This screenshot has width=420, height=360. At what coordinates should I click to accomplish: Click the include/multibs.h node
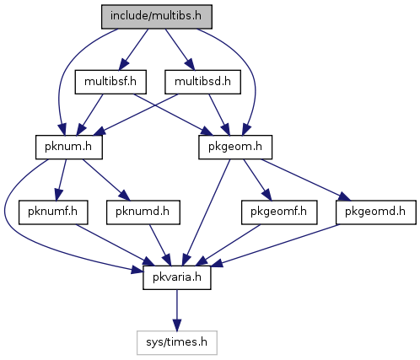pos(157,17)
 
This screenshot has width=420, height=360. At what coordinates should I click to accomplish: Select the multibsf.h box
pos(110,82)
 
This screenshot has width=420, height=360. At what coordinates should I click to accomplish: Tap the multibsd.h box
pos(202,82)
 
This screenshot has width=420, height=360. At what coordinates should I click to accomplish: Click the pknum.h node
pos(69,147)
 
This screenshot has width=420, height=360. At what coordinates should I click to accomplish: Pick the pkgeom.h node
pos(235,147)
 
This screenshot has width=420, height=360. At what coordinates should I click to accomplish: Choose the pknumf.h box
pos(53,212)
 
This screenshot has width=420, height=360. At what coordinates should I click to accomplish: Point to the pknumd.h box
pos(143,212)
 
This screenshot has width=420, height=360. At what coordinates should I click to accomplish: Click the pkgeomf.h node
pos(279,212)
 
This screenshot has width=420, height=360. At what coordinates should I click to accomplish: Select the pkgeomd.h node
pos(375,212)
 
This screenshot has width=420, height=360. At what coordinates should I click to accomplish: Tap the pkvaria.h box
pos(177,277)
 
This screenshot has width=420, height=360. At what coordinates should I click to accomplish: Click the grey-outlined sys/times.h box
pos(177,342)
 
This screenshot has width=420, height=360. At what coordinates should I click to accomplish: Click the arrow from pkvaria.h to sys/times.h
pos(177,310)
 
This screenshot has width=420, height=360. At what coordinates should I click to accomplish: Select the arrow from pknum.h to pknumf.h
pos(62,180)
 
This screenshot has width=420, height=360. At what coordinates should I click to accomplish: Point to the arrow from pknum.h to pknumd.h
pos(106,180)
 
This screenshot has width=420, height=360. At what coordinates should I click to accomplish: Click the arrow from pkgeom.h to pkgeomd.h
pos(306,180)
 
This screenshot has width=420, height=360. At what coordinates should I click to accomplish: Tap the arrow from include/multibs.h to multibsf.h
pos(133,50)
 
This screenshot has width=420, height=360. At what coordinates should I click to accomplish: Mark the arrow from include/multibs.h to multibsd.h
pos(180,50)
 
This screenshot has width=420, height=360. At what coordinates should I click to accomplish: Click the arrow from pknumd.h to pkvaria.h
pos(160,244)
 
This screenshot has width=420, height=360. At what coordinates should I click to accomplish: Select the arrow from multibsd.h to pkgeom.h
pos(219,115)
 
